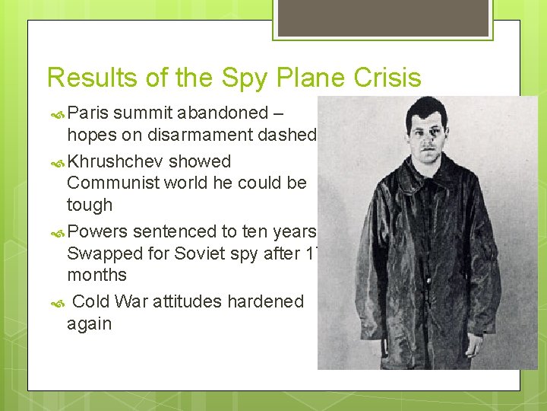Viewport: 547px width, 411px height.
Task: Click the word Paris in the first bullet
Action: point(88,113)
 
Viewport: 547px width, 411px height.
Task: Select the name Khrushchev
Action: point(115,161)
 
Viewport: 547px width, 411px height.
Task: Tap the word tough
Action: point(89,205)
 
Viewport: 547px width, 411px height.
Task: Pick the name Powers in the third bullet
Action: point(97,231)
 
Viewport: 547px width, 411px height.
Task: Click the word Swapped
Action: point(101,253)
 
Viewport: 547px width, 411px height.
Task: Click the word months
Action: point(96,275)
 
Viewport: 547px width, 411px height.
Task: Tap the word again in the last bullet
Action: point(89,323)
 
